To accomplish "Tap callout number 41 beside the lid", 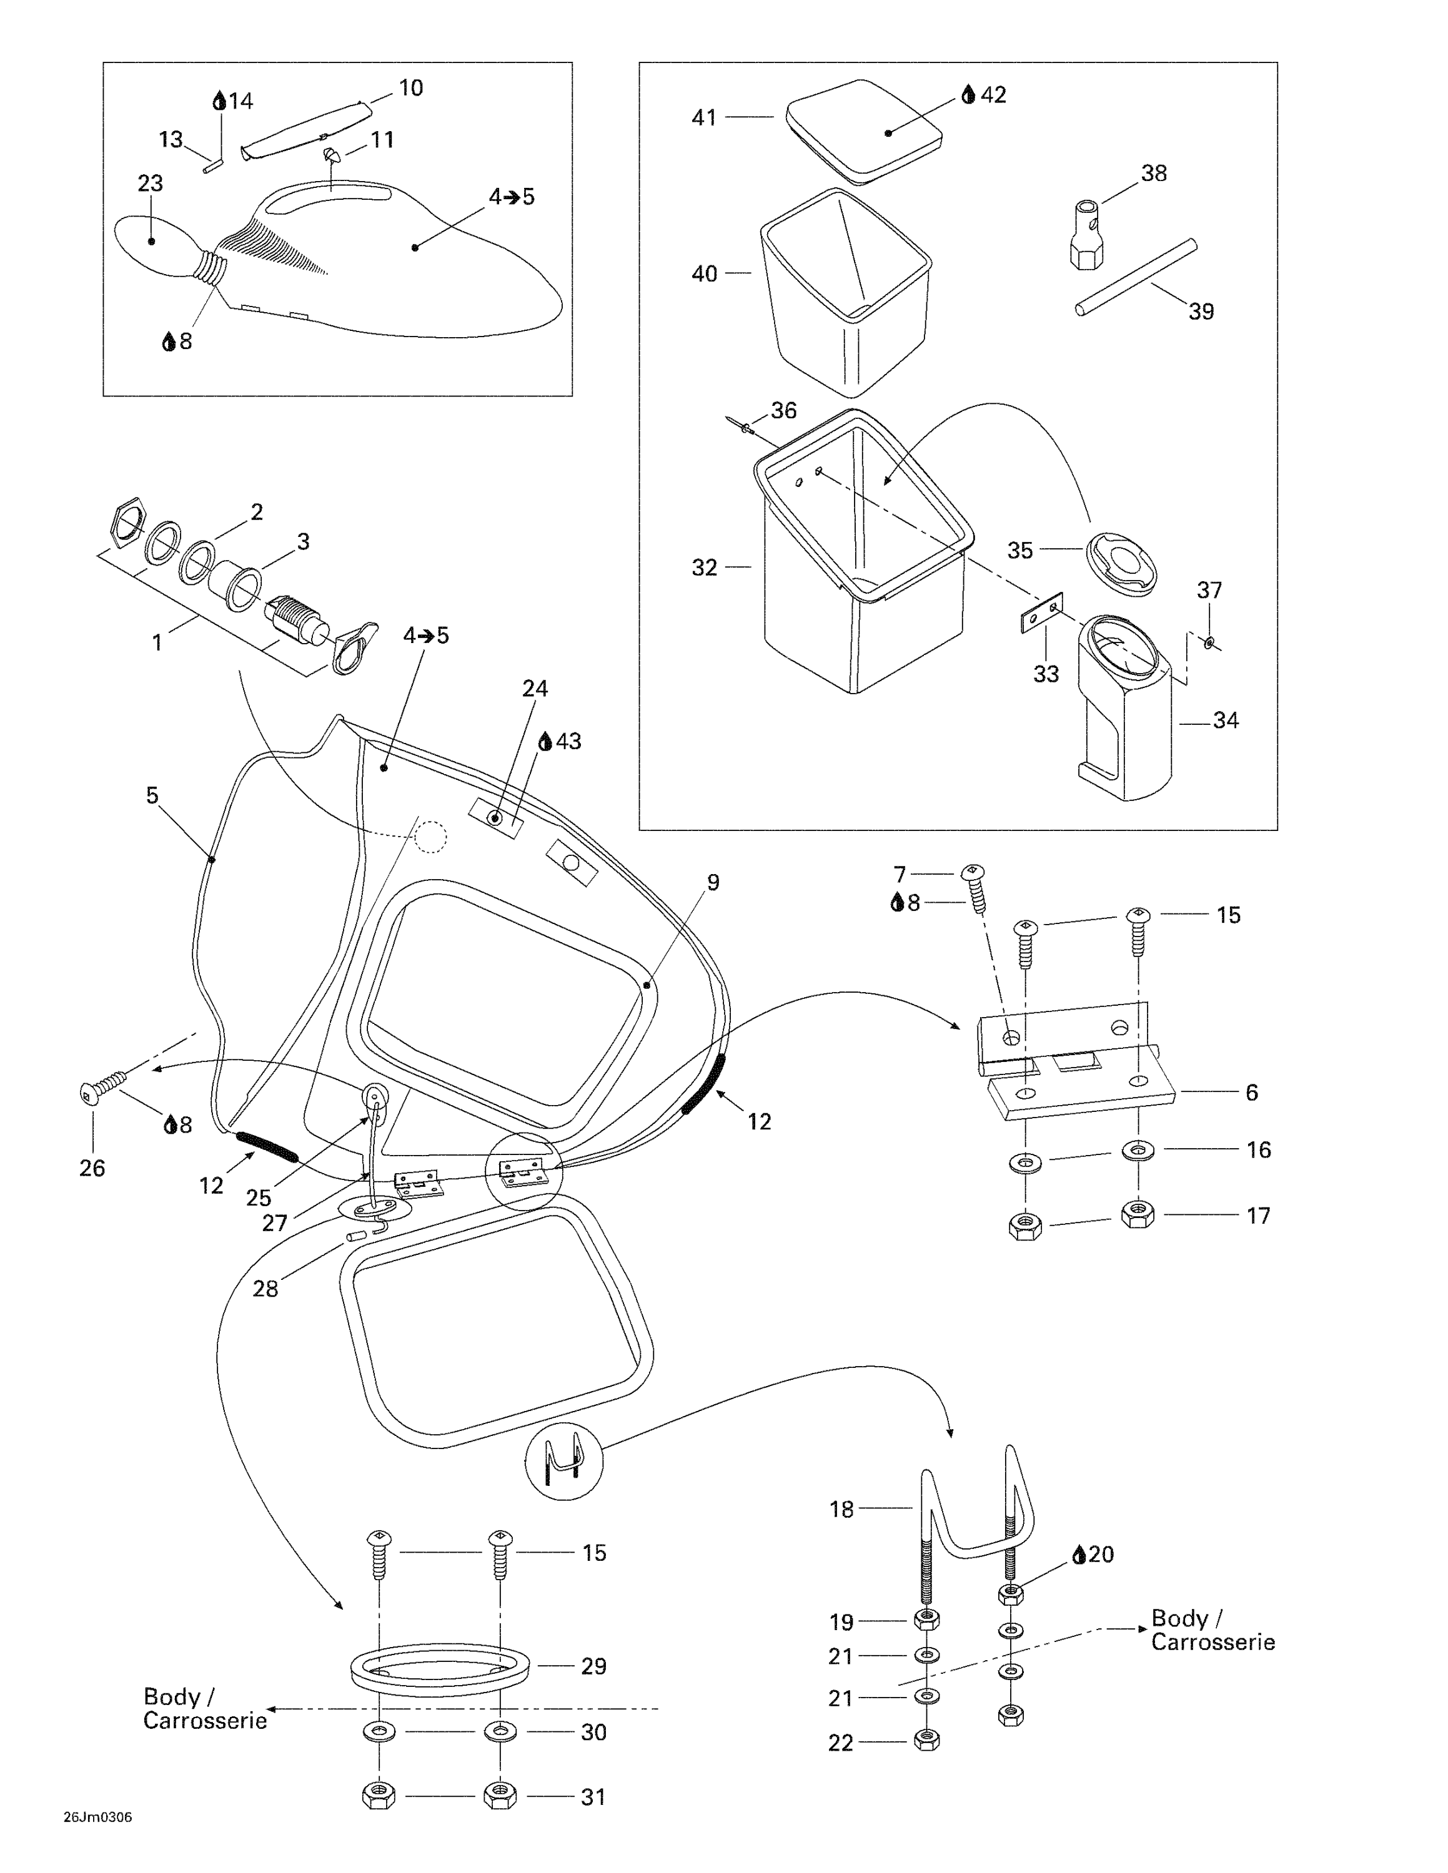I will [x=703, y=117].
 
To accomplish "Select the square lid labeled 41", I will [x=864, y=130].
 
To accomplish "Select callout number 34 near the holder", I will [x=1225, y=720].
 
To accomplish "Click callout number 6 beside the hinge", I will [x=1252, y=1092].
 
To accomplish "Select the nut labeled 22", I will [x=926, y=1740].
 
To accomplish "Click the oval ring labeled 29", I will [x=440, y=1666].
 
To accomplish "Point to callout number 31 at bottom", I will [x=593, y=1797].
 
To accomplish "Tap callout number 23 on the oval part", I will [x=150, y=184].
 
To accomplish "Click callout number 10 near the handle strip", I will [x=411, y=87].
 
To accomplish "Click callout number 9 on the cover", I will [x=712, y=882].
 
